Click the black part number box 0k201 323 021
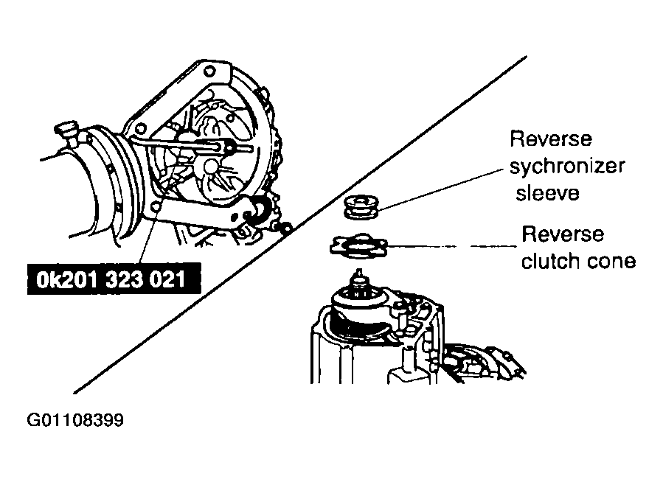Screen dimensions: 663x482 (114, 279)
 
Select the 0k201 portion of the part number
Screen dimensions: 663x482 (68, 279)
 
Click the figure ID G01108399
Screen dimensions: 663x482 (75, 420)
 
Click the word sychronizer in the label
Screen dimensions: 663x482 (567, 166)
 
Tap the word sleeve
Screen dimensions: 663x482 (547, 193)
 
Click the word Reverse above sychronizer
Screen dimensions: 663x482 (551, 139)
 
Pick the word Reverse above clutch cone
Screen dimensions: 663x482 (563, 234)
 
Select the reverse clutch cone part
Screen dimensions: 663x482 (358, 245)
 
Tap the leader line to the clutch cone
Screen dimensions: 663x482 (451, 246)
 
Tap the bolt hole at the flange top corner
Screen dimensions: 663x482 (209, 71)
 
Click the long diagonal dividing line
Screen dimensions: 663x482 (300, 224)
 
